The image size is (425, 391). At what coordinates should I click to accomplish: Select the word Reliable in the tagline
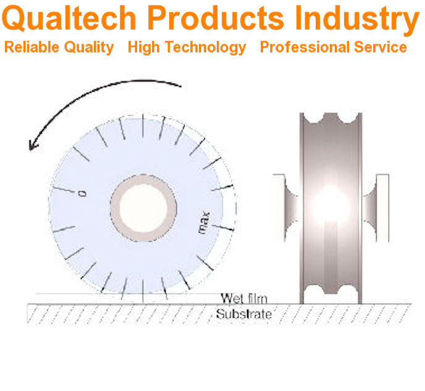coord(30,48)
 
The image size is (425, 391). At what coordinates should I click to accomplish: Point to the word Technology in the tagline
coord(208,48)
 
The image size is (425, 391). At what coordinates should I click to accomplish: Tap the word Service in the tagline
coord(384,48)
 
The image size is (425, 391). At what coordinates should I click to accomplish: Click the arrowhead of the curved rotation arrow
coord(33,144)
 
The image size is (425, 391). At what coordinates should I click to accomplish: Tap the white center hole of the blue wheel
coord(141,207)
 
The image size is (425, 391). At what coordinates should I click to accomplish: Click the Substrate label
coord(243,314)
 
